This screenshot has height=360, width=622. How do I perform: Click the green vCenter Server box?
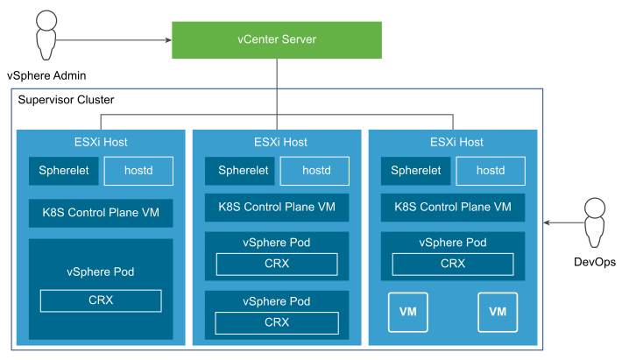pyautogui.click(x=276, y=40)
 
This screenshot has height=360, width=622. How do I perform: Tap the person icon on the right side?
pyautogui.click(x=595, y=222)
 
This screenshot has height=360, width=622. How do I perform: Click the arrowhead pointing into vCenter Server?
pyautogui.click(x=166, y=39)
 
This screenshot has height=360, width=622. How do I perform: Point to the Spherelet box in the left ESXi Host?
pyautogui.click(x=63, y=171)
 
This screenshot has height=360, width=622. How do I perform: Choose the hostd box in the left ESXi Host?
pyautogui.click(x=138, y=171)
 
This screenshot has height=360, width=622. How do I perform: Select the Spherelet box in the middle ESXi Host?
pyautogui.click(x=239, y=171)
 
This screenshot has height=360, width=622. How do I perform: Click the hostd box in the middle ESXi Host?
pyautogui.click(x=315, y=171)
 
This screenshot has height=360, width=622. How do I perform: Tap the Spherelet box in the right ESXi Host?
pyautogui.click(x=415, y=171)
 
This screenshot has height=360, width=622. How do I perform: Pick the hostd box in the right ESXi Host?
pyautogui.click(x=491, y=171)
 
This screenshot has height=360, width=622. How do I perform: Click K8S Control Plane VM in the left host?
pyautogui.click(x=101, y=212)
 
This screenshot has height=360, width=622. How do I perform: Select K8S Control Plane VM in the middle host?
pyautogui.click(x=277, y=208)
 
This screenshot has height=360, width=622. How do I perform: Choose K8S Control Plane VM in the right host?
pyautogui.click(x=453, y=208)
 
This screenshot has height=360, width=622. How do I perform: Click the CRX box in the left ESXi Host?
pyautogui.click(x=101, y=300)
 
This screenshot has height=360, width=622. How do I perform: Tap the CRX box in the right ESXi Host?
pyautogui.click(x=453, y=264)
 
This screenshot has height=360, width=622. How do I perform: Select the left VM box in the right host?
pyautogui.click(x=408, y=312)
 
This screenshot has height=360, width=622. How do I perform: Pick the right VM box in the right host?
pyautogui.click(x=498, y=312)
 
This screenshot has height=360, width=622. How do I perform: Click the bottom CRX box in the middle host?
pyautogui.click(x=277, y=322)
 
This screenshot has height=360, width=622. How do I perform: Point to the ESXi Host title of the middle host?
pyautogui.click(x=277, y=142)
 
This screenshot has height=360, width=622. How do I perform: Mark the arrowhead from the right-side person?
pyautogui.click(x=548, y=223)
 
